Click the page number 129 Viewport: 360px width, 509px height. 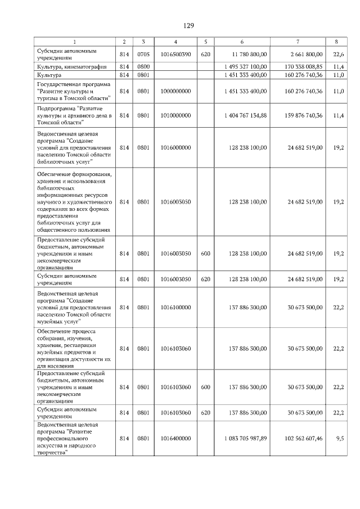pos(188,26)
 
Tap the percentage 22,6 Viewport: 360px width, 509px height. pos(338,55)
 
